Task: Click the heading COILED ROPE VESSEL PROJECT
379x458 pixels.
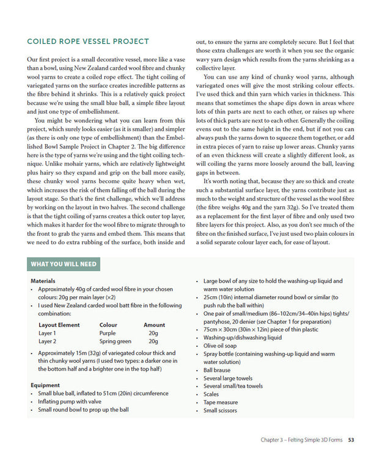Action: click(x=88, y=42)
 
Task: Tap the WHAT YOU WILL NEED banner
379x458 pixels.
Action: click(x=63, y=264)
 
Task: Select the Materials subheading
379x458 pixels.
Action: click(x=43, y=281)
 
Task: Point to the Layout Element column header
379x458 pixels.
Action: click(x=59, y=325)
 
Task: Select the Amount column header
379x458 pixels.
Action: click(x=154, y=325)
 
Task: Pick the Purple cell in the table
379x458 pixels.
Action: click(x=107, y=333)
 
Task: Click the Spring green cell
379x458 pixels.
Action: click(x=115, y=342)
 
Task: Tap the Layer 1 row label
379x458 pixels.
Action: click(x=47, y=333)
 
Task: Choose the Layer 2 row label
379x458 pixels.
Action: click(x=47, y=342)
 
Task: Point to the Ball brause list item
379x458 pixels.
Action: click(x=217, y=370)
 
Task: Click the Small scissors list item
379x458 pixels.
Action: click(x=221, y=410)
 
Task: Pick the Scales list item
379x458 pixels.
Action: click(x=211, y=394)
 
